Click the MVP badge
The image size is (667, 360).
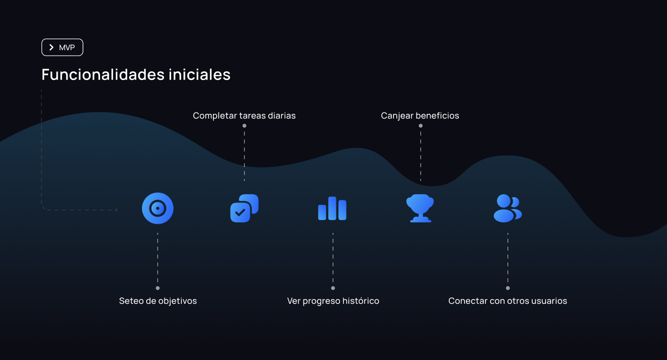(62, 48)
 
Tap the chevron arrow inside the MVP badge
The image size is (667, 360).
(51, 48)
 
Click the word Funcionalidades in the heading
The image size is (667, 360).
(103, 75)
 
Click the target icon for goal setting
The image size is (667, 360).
(158, 208)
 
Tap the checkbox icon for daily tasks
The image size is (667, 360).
(244, 208)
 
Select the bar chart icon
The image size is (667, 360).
(332, 209)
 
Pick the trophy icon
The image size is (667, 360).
(420, 208)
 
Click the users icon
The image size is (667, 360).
(507, 208)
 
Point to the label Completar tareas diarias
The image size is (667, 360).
(244, 116)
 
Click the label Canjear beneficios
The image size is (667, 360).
(420, 116)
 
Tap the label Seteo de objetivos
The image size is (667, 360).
(158, 301)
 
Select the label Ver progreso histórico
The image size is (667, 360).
(333, 301)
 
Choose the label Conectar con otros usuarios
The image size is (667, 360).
(508, 301)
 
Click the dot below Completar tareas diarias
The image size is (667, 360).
(244, 126)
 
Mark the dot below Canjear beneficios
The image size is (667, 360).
(421, 126)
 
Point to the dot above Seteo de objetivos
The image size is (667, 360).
(158, 288)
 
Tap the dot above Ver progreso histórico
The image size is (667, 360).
(333, 288)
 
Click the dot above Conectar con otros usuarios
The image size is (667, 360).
(508, 288)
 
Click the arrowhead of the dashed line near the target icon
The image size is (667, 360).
(116, 210)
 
